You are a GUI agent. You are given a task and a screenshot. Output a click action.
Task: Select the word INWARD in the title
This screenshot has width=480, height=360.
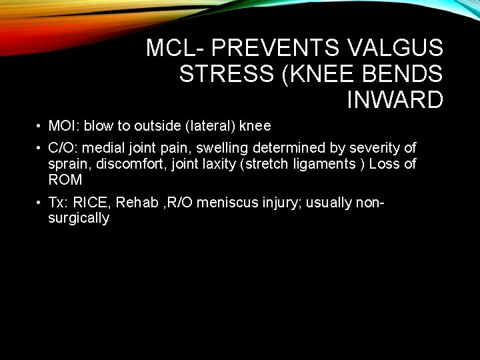(x=395, y=100)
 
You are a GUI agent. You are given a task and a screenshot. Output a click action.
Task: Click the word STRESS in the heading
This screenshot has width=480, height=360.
(x=227, y=74)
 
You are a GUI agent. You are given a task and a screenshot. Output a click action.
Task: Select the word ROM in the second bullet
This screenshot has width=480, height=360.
(x=65, y=179)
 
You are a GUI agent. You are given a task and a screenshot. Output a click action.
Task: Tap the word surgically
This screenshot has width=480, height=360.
(x=79, y=218)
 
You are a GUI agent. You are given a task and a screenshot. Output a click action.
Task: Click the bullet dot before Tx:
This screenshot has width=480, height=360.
(x=40, y=202)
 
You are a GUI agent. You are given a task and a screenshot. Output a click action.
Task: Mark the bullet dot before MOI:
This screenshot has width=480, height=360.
(x=40, y=127)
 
